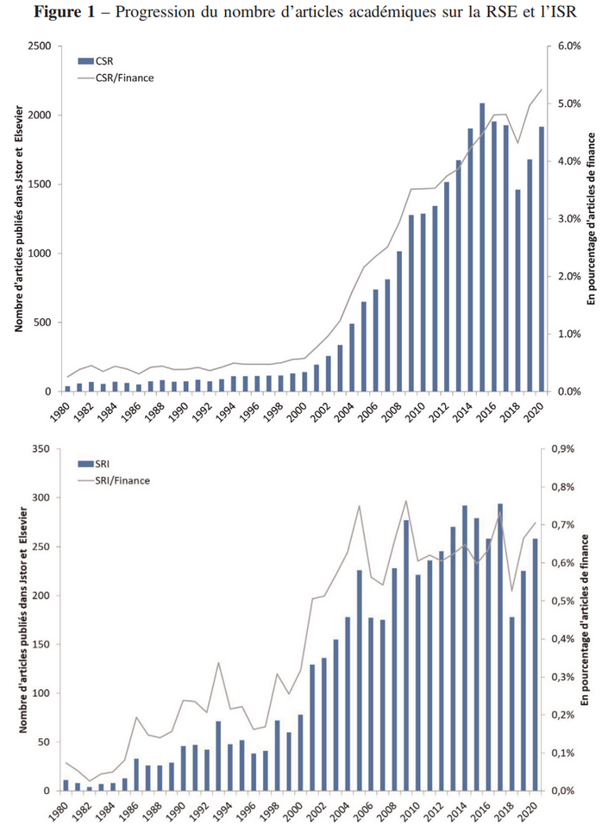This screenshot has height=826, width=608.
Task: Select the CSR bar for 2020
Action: click(541, 259)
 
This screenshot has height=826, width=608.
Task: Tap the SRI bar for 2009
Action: click(405, 655)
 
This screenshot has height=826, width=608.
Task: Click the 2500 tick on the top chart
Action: click(39, 46)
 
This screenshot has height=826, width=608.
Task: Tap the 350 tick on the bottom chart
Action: click(42, 449)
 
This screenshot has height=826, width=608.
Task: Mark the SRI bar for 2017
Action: click(499, 648)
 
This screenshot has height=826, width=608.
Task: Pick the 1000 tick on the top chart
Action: click(39, 253)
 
